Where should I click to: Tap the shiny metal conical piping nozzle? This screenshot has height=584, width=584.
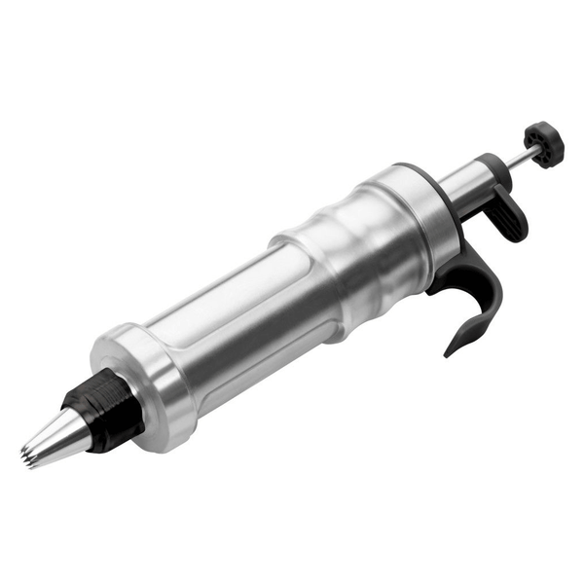[x=54, y=437]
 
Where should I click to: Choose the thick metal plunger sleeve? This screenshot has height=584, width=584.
[x=467, y=176]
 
